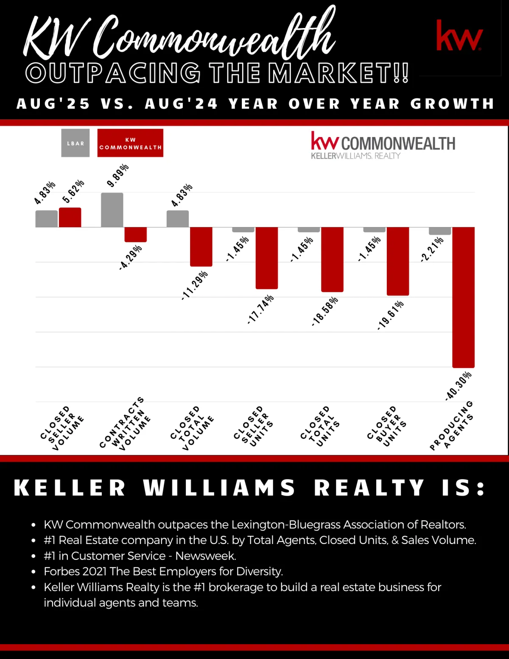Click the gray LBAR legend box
75,143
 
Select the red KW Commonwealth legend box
130,143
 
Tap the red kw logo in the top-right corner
459,36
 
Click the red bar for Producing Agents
463,297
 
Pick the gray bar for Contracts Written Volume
112,210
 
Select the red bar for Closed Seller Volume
70,217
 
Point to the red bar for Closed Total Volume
201,247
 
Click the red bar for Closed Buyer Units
398,261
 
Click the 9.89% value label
117,175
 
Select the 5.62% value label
73,191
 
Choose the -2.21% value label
432,250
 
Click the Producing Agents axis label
451,426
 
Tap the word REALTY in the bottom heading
369,488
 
